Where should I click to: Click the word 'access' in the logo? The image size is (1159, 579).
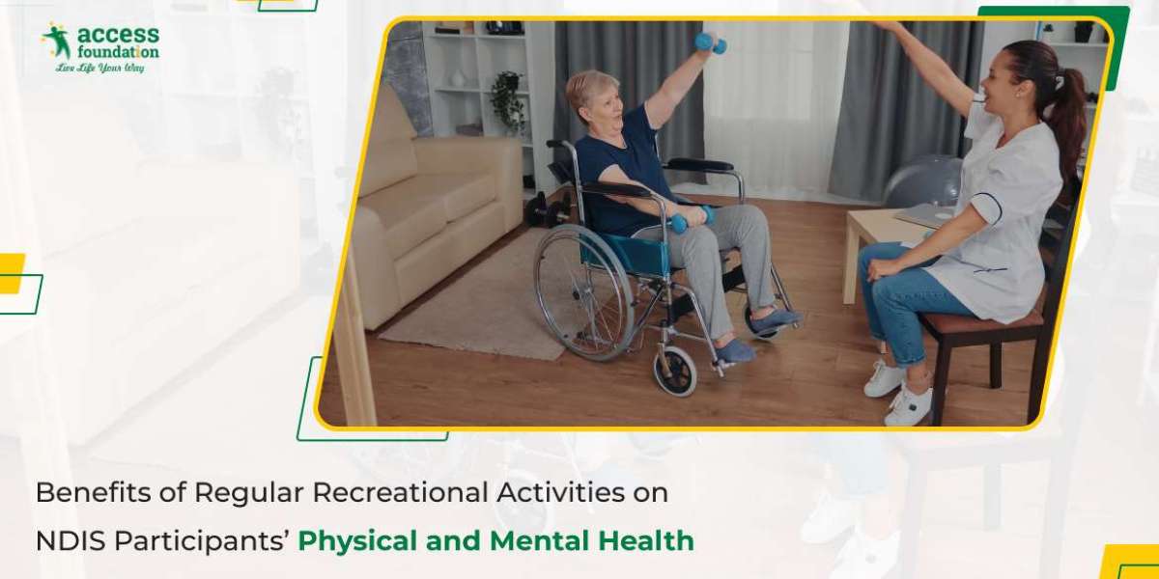point(118,35)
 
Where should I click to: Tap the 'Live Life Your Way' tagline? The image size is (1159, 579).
point(99,68)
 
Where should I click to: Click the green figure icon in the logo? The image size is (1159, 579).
point(57,41)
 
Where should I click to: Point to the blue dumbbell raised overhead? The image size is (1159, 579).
point(711,42)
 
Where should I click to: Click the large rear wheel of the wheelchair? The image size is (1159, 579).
point(583,291)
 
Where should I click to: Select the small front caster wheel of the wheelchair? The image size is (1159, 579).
point(675,371)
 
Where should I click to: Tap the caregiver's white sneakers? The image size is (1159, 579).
point(899,393)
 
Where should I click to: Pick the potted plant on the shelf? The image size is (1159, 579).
point(507,100)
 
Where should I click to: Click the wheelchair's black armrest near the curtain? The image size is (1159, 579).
point(699,165)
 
